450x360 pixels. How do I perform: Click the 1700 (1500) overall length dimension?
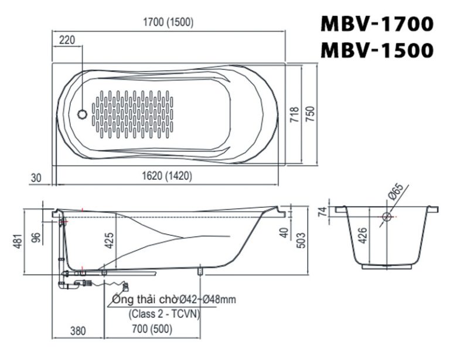click(168, 23)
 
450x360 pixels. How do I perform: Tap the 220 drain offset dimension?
click(68, 40)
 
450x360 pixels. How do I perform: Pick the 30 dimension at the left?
click(37, 176)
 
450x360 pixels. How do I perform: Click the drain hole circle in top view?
click(83, 114)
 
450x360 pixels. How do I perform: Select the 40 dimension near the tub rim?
click(284, 232)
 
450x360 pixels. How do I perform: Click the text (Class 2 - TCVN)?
click(165, 314)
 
